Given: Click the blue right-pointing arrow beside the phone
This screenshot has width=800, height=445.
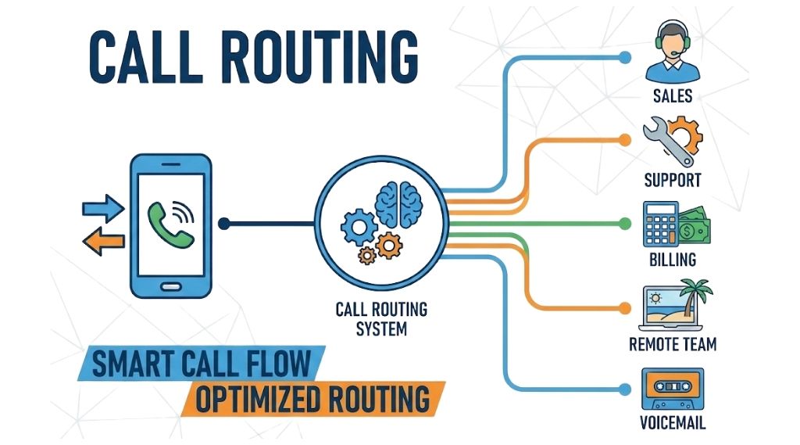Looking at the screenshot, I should click(102, 209).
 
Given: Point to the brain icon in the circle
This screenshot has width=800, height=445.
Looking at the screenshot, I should click(400, 203).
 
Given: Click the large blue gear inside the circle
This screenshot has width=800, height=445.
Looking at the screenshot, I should click(360, 226).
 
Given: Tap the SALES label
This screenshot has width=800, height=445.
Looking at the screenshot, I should click(673, 97).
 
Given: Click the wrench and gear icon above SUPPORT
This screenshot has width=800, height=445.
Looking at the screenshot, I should click(673, 140).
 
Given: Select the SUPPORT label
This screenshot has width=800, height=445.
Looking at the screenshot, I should click(673, 180).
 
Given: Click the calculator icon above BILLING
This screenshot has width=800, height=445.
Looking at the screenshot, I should click(659, 224).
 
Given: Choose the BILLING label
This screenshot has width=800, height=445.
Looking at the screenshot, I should click(673, 260).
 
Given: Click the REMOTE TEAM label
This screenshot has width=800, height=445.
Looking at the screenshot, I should click(673, 344).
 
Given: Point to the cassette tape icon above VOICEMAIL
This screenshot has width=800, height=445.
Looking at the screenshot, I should click(673, 389).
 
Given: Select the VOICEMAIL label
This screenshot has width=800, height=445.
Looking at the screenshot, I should click(673, 424).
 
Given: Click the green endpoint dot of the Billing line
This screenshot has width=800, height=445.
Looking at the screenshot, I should click(624, 224).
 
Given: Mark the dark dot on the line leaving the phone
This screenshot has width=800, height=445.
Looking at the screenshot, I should click(224, 224).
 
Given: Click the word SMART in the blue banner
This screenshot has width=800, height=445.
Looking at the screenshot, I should click(128, 364).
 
